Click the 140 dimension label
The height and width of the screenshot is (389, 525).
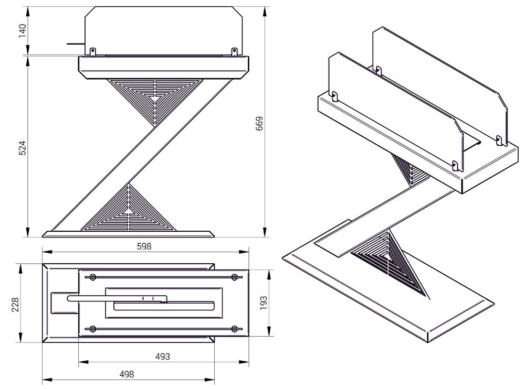pyautogui.click(x=23, y=31)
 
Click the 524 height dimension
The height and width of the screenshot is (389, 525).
pyautogui.click(x=22, y=147)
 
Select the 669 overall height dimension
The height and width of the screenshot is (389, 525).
pyautogui.click(x=259, y=123)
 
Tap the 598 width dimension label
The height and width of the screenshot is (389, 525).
pyautogui.click(x=144, y=246)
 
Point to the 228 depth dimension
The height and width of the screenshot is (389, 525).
pyautogui.click(x=15, y=305)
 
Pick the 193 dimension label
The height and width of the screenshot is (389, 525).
pyautogui.click(x=264, y=302)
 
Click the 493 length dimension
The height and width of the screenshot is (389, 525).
pyautogui.click(x=163, y=356)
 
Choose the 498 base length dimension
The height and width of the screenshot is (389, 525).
pyautogui.click(x=127, y=374)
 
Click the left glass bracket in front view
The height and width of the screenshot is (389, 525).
pyautogui.click(x=93, y=51)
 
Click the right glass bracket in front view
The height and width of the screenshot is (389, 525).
pyautogui.click(x=235, y=51)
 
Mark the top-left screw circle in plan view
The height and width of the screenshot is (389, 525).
pyautogui.click(x=93, y=277)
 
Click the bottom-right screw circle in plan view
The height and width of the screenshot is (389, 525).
pyautogui.click(x=235, y=329)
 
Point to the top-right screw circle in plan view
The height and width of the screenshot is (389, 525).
pyautogui.click(x=235, y=277)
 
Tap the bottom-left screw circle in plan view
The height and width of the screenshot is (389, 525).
pyautogui.click(x=93, y=329)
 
